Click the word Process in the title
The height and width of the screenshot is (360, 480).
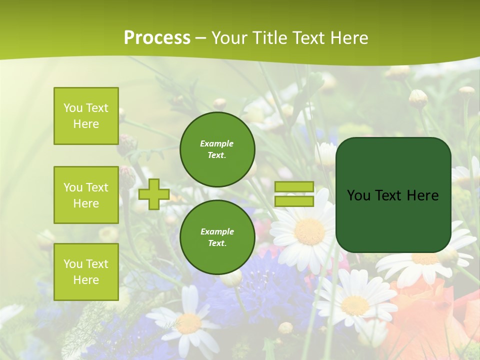click(157, 38)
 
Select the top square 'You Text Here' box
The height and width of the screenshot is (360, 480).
click(86, 116)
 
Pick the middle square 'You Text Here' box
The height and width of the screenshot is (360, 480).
click(86, 195)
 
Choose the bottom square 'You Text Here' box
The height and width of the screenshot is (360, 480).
click(86, 272)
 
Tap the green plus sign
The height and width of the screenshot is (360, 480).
click(154, 194)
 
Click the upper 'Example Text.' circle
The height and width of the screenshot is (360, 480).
click(217, 149)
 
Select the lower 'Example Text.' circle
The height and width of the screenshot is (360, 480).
click(217, 237)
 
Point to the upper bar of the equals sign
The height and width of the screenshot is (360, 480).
click(294, 187)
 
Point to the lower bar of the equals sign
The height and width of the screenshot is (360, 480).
click(294, 201)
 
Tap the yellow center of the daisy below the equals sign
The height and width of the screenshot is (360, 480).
click(309, 231)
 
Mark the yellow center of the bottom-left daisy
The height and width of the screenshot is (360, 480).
click(189, 323)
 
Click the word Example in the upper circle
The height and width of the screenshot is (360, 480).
click(217, 143)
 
